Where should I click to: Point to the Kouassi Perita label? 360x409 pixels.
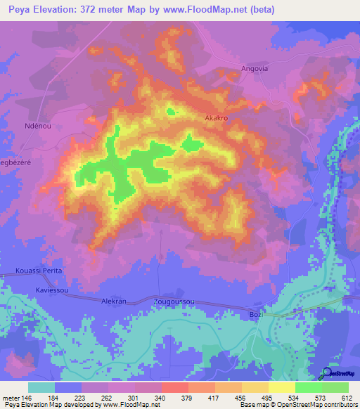tap(39, 271)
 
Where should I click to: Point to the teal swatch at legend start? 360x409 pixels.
tap(41, 387)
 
